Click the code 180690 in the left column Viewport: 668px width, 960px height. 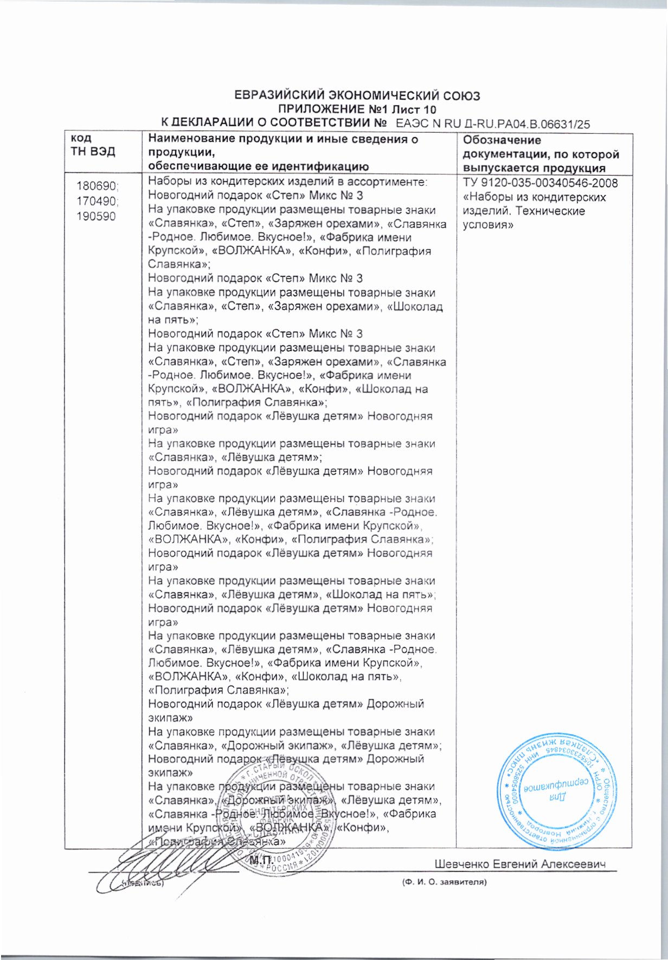coord(97,186)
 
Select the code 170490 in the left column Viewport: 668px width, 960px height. coord(97,201)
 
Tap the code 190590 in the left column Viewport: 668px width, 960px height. coord(96,216)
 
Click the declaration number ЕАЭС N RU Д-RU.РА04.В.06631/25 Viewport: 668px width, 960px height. coord(493,124)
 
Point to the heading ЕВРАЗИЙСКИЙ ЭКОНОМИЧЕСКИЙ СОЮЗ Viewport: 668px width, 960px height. coord(357,96)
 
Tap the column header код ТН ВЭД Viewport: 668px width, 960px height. coord(93,145)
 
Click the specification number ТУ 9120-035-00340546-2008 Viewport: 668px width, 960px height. coord(541,183)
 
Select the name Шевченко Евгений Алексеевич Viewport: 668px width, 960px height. coord(519,864)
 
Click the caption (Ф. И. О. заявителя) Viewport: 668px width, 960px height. coord(444,882)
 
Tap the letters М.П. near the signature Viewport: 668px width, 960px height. coord(262,860)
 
